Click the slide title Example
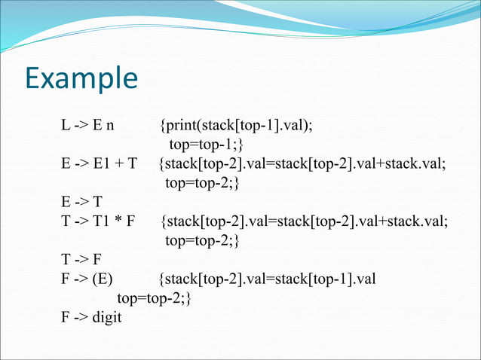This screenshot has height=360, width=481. pyautogui.click(x=81, y=79)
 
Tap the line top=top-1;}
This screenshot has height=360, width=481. pyautogui.click(x=206, y=144)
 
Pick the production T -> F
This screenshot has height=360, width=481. pyautogui.click(x=81, y=261)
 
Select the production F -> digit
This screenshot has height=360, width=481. pyautogui.click(x=91, y=319)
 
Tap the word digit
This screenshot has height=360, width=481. pyautogui.click(x=107, y=319)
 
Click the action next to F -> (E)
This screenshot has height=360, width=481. pyautogui.click(x=268, y=280)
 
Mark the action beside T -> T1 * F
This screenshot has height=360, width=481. pyautogui.click(x=304, y=221)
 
